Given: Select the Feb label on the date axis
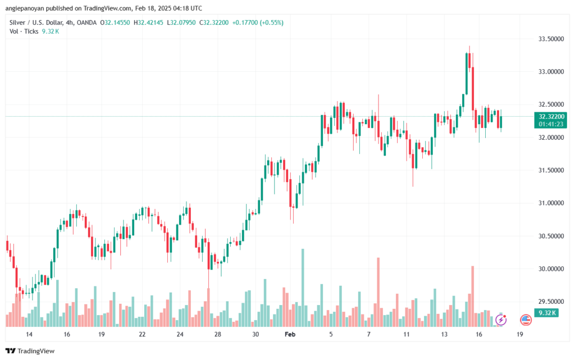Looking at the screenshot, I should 290,334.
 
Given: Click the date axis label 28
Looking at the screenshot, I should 217,334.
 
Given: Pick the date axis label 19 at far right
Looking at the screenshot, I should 519,334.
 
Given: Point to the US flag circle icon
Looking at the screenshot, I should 526,320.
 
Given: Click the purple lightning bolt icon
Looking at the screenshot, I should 501,320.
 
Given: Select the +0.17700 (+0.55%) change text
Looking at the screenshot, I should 258,22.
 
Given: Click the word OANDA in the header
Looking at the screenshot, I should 86,22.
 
